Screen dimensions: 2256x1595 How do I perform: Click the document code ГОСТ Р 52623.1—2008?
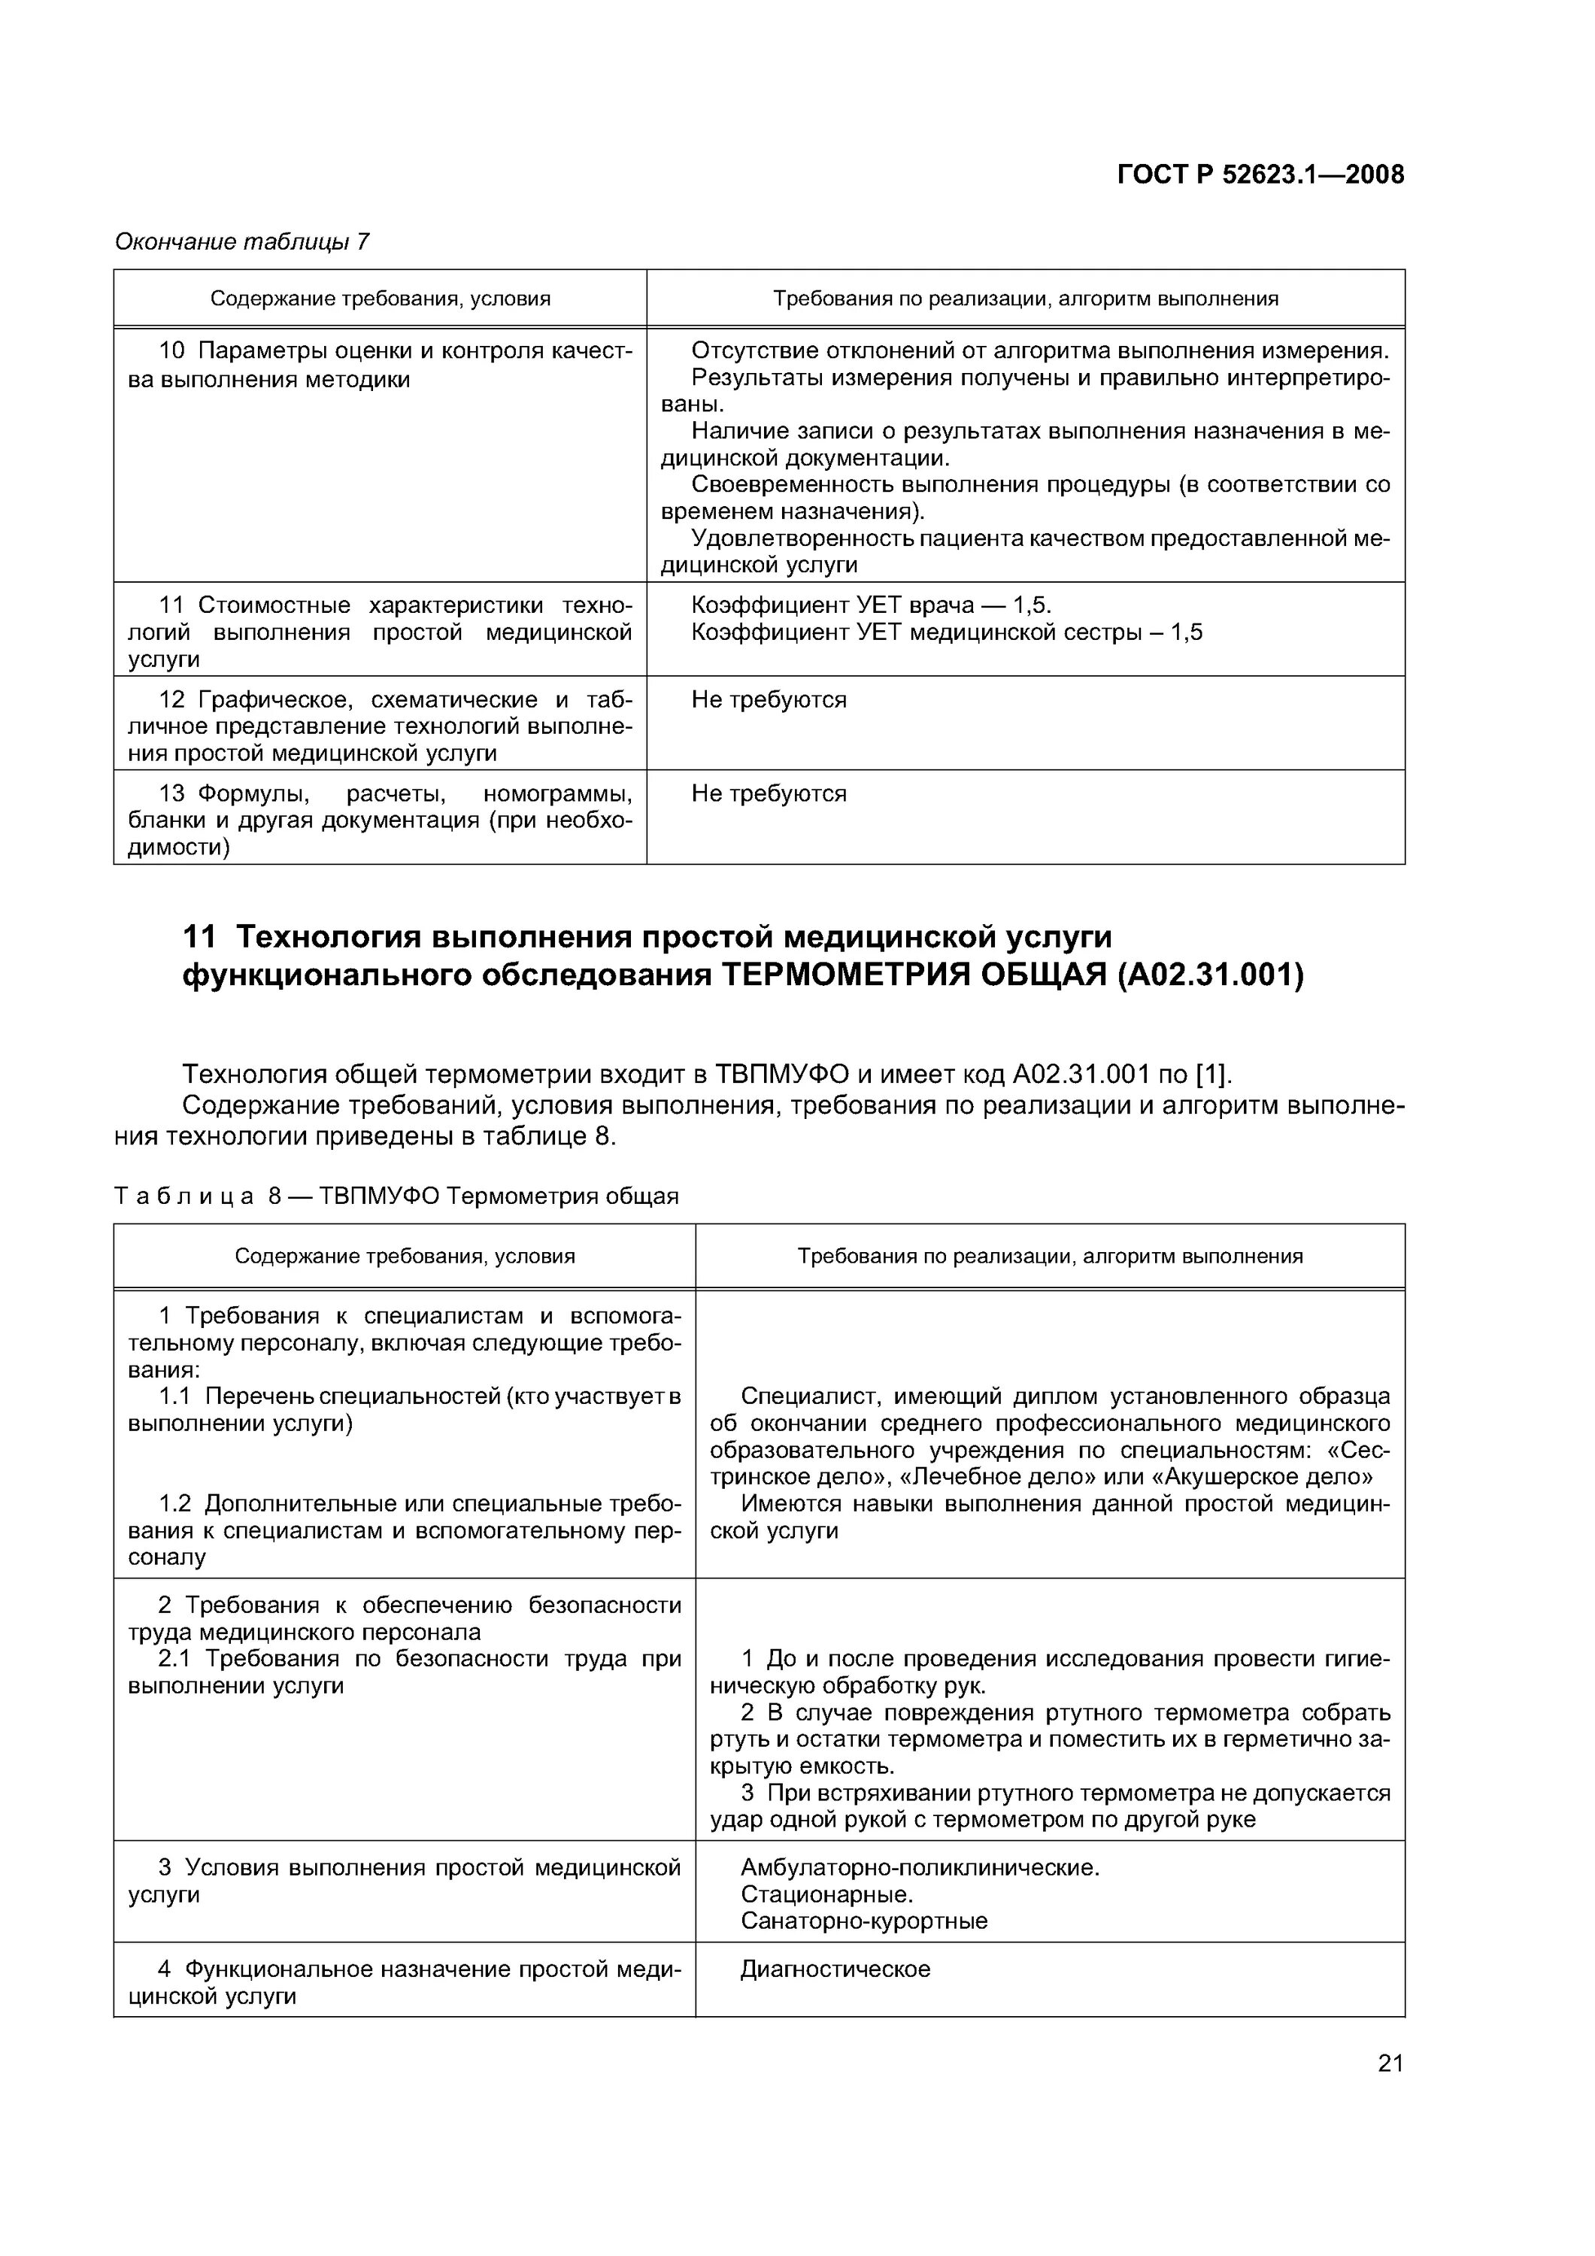point(1261,175)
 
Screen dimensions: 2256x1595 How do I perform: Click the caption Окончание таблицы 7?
point(241,241)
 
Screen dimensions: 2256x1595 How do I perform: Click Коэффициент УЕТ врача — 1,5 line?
point(871,605)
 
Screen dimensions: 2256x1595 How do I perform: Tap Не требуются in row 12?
point(769,699)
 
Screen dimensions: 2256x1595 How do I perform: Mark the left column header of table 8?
point(404,1256)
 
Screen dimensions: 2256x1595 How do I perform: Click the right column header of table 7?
point(1025,299)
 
